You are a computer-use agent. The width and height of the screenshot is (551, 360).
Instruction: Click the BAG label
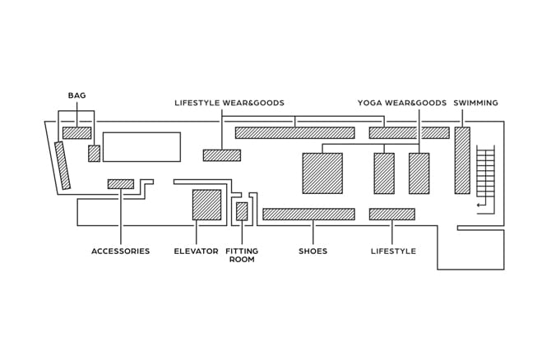click(x=76, y=96)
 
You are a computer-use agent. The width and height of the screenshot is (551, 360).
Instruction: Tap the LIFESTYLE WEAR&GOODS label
click(x=229, y=103)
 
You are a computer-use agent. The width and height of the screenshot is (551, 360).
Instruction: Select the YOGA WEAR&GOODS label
click(x=402, y=103)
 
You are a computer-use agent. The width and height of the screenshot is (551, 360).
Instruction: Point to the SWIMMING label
click(x=475, y=103)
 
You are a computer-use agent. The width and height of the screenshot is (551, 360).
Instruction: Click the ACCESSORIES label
click(x=120, y=252)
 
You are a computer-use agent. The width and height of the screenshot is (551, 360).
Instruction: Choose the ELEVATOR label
click(x=196, y=252)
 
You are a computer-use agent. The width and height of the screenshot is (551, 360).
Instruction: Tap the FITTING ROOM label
click(x=241, y=256)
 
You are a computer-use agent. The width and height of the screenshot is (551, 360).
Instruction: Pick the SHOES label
click(x=313, y=252)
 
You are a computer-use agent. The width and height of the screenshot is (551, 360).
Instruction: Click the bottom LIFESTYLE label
click(x=393, y=252)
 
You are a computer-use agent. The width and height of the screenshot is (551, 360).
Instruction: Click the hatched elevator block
click(x=206, y=205)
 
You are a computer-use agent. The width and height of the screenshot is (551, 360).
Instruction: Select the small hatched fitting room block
click(x=242, y=211)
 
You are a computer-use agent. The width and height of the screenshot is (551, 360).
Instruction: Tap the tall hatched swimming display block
click(x=462, y=160)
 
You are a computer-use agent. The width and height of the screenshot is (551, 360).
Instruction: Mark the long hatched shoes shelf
click(x=308, y=215)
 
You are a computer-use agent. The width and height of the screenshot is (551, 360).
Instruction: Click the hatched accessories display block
click(x=120, y=184)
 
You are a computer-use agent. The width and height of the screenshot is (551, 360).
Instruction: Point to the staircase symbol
click(x=486, y=174)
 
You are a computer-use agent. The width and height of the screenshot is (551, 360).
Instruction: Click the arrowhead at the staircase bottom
click(x=479, y=205)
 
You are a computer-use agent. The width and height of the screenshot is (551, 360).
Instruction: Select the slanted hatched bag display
click(x=63, y=165)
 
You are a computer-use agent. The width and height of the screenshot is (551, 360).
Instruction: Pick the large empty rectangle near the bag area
click(x=141, y=147)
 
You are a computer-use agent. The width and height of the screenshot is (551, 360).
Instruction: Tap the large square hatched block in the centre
click(x=322, y=173)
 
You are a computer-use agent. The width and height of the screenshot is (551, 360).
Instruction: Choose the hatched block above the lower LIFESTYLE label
click(x=391, y=215)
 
